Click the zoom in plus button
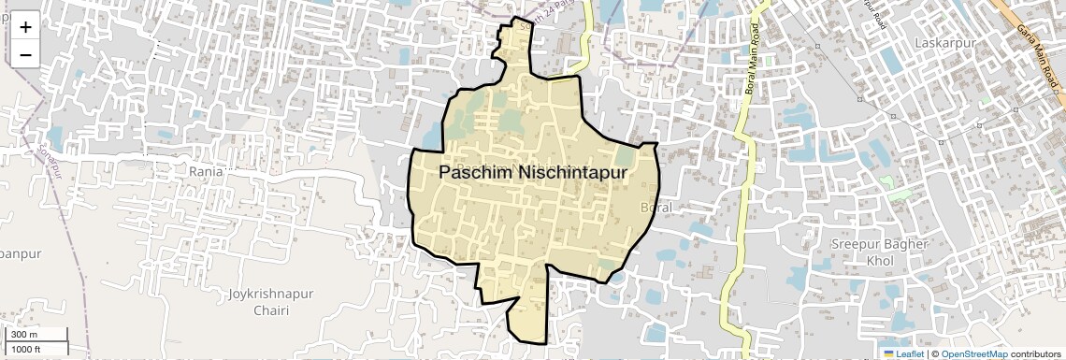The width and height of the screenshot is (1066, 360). coord(25,27)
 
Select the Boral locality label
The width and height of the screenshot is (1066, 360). coord(657,206)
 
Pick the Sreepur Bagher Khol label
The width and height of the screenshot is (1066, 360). coord(880,252)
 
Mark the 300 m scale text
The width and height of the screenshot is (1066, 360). coord(24,335)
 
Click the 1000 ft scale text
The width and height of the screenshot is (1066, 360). coord(26,350)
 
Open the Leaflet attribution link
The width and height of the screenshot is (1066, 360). coord(903,353)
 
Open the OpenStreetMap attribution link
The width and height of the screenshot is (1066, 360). coord(973,353)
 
